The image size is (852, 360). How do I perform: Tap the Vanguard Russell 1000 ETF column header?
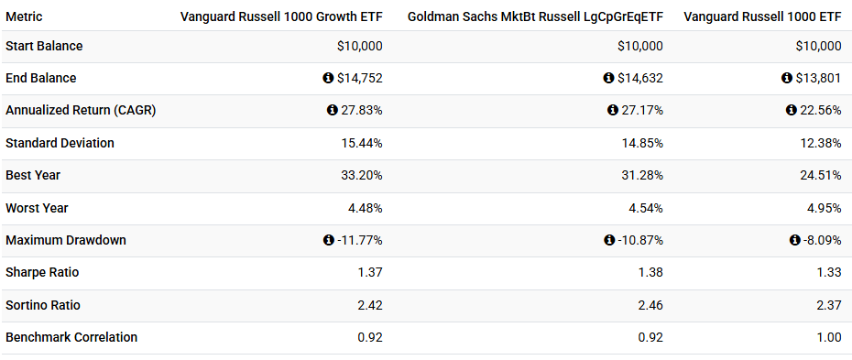point(762,17)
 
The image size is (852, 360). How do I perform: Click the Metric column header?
point(24,17)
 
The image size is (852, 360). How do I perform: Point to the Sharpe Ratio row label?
point(44,273)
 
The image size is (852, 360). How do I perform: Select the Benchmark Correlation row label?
point(71,337)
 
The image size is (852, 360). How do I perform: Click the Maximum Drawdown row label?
point(66,240)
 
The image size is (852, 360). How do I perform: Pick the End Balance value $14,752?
point(360,79)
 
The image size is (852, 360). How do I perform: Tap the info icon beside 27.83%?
point(333,111)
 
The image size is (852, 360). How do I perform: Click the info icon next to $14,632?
point(608,79)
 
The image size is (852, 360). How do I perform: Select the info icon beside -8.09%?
point(795,240)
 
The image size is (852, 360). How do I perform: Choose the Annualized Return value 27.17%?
point(641,111)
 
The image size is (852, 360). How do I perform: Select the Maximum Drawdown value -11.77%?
point(360,240)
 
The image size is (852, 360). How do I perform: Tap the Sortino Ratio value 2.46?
point(650,305)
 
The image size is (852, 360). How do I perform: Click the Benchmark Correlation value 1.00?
point(828,337)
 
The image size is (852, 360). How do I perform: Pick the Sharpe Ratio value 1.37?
point(369,273)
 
